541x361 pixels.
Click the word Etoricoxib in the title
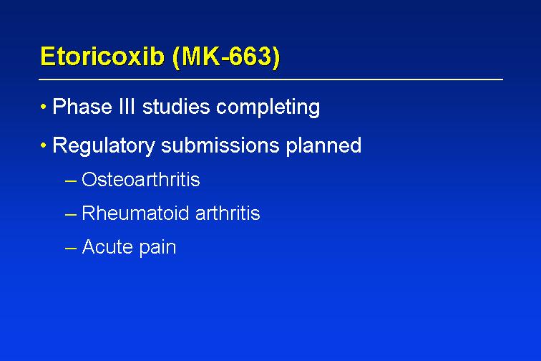102,56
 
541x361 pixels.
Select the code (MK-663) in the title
226,57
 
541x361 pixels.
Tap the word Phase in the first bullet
82,107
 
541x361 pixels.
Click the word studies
176,107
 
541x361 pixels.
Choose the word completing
268,107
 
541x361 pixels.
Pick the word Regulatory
104,146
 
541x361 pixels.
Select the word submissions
220,145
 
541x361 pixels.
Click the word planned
323,146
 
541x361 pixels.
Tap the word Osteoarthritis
141,179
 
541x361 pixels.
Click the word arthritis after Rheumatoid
228,213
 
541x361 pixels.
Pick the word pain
157,248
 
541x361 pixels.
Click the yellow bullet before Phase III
43,107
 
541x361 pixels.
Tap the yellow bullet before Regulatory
43,145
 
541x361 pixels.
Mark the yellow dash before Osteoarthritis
70,180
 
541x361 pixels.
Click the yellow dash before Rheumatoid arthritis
70,214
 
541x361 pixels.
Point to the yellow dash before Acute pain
70,248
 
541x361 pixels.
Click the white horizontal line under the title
270,80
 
